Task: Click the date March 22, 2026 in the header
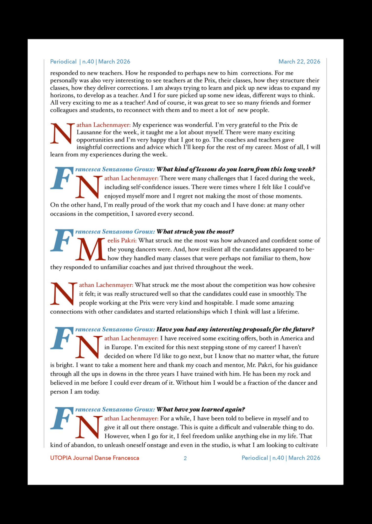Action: coord(299,62)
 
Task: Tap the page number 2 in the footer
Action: coord(185,458)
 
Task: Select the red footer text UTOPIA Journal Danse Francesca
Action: coord(95,458)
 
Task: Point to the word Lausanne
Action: coord(89,132)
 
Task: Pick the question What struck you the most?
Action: coord(195,232)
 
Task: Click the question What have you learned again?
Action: coord(201,410)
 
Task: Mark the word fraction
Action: coord(258,383)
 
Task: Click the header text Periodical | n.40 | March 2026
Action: coord(90,62)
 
